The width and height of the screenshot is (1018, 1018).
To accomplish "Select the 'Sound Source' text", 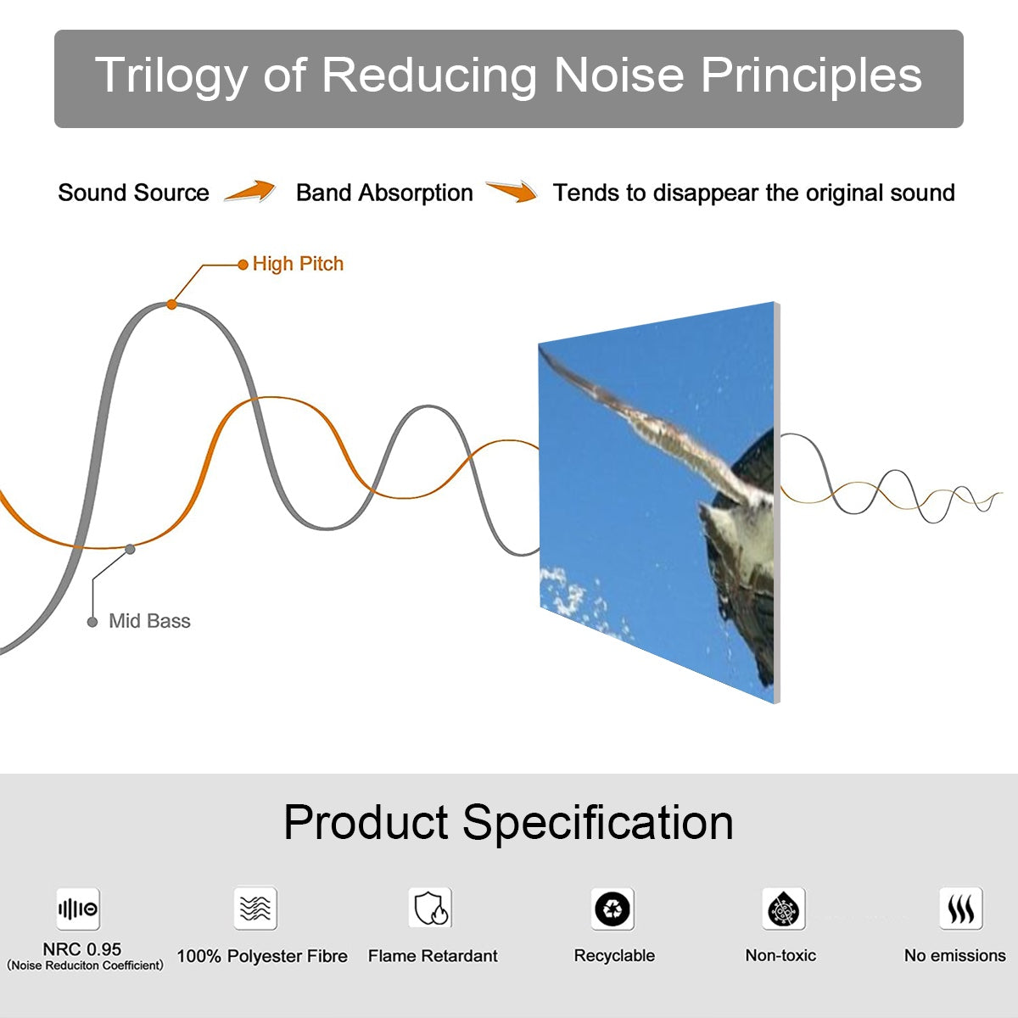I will (133, 193).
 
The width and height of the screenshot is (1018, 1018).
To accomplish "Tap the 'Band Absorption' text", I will (384, 193).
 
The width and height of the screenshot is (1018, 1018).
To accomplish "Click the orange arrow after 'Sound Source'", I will (250, 192).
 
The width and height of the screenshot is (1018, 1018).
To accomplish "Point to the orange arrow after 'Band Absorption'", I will (512, 192).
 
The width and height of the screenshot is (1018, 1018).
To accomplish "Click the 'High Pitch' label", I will (298, 264).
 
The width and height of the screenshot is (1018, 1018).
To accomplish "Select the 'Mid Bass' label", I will (149, 621).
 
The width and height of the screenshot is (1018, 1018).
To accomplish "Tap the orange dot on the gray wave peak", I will (171, 304).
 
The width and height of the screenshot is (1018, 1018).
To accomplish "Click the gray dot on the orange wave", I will (130, 549).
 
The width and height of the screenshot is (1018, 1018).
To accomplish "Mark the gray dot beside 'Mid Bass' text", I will (92, 622).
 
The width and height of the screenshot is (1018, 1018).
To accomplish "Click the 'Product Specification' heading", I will (508, 822).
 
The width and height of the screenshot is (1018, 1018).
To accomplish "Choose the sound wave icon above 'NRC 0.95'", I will (78, 909).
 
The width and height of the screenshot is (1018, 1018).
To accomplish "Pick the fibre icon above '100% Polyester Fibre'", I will (255, 909).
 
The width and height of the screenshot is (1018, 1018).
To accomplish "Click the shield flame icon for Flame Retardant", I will (430, 909).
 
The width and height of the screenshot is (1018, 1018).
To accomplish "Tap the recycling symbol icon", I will (612, 909).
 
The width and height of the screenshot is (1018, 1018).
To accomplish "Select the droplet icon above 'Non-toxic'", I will (783, 909).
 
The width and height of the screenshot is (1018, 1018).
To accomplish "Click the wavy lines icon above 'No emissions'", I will (960, 909).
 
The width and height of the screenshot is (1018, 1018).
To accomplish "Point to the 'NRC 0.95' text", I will (82, 949).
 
